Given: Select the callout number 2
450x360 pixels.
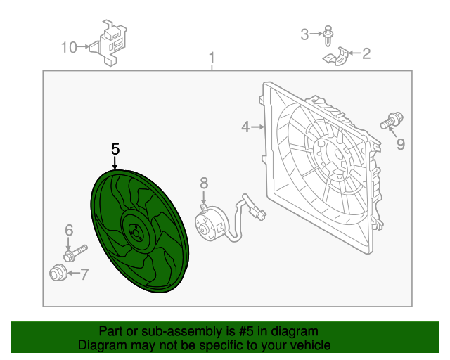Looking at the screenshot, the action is (x=366, y=53).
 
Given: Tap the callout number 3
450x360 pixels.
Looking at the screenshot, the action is (x=305, y=34).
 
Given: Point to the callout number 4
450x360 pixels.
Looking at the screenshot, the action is (x=245, y=127).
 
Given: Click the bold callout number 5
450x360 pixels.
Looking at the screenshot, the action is (x=115, y=149).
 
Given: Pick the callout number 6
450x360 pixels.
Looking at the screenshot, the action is (x=69, y=231).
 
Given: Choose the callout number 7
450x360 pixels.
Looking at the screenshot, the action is (x=84, y=274).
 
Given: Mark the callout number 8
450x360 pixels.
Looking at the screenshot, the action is (x=204, y=184).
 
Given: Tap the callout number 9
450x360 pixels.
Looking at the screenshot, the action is (x=400, y=144).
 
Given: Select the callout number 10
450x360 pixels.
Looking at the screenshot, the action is (x=69, y=48).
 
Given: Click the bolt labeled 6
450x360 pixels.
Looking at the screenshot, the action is (x=75, y=252).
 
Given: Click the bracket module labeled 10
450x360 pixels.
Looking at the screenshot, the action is (x=110, y=42).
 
